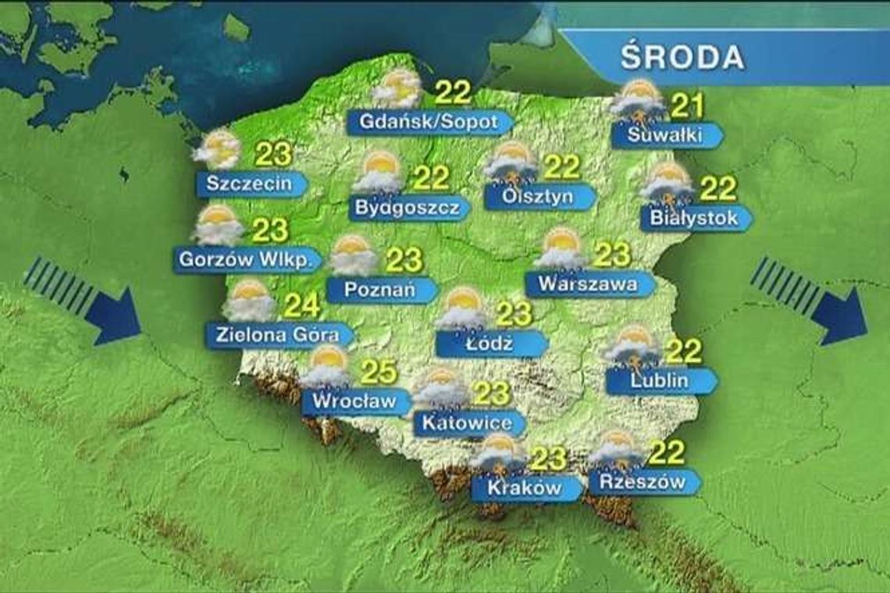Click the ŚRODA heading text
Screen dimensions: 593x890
click(682, 59)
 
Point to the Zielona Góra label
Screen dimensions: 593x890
click(277, 334)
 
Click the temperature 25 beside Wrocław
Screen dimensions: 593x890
click(377, 373)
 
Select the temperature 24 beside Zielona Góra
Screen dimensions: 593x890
click(301, 305)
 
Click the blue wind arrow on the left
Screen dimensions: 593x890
click(83, 300)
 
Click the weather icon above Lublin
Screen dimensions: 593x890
click(632, 346)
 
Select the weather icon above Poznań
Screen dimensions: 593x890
click(354, 255)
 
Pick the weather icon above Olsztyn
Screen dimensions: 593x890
click(511, 163)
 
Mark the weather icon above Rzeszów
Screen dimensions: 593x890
click(615, 448)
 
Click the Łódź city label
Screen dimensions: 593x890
click(488, 344)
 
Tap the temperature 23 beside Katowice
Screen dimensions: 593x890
click(492, 393)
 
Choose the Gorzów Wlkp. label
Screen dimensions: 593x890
click(246, 259)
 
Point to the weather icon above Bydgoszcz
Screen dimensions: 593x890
click(377, 173)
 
